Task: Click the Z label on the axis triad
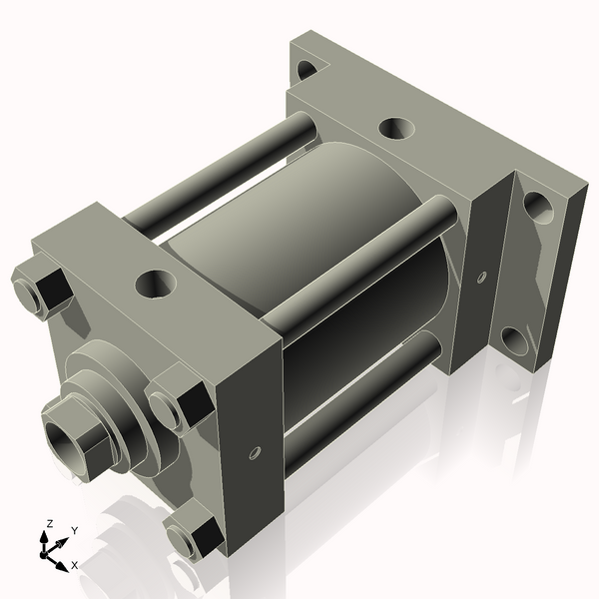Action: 49,523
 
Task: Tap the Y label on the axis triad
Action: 73,531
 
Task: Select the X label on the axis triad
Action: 74,565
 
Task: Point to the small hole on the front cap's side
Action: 255,453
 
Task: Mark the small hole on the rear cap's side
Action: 482,276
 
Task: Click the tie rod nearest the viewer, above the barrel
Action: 359,265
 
